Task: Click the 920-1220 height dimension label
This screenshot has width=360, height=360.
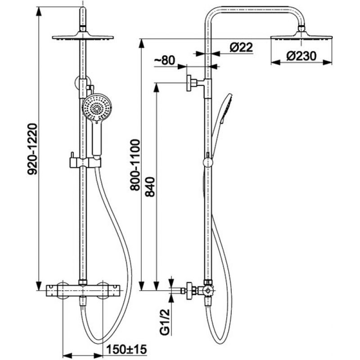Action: (x=32, y=149)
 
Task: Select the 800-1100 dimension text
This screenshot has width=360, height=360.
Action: (x=135, y=165)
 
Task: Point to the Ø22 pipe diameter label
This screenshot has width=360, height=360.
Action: (x=241, y=47)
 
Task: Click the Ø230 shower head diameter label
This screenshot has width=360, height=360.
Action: (x=301, y=56)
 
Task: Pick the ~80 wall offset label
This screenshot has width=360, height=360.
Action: (x=164, y=61)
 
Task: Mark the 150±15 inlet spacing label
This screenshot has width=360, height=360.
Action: (x=126, y=350)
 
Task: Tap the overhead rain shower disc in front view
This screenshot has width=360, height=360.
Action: (x=83, y=37)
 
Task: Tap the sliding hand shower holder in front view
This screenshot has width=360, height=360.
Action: (x=85, y=162)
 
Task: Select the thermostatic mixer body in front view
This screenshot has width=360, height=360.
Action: (x=83, y=290)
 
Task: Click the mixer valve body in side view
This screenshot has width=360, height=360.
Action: (x=207, y=290)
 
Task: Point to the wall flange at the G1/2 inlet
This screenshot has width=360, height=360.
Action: (x=189, y=291)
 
